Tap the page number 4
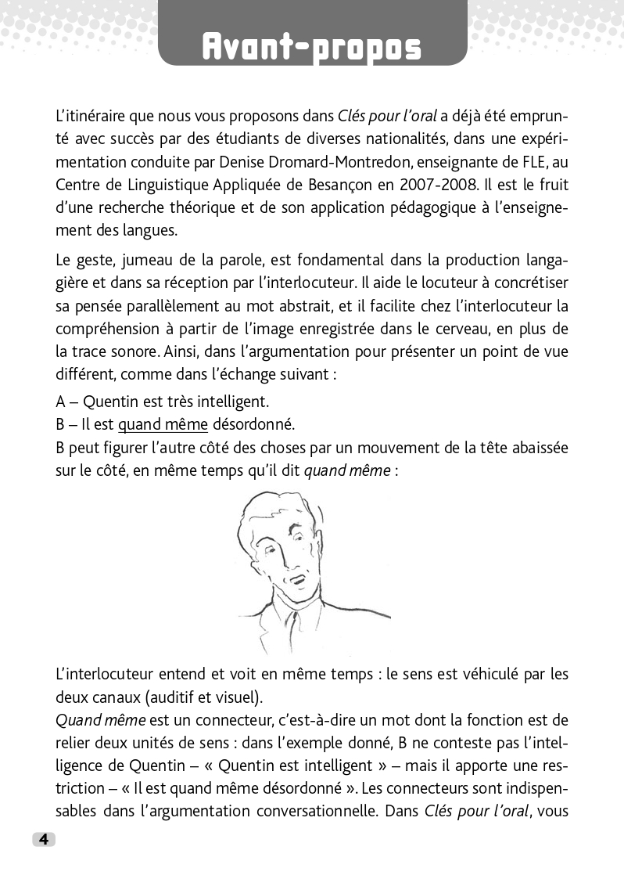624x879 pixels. tap(44, 839)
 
